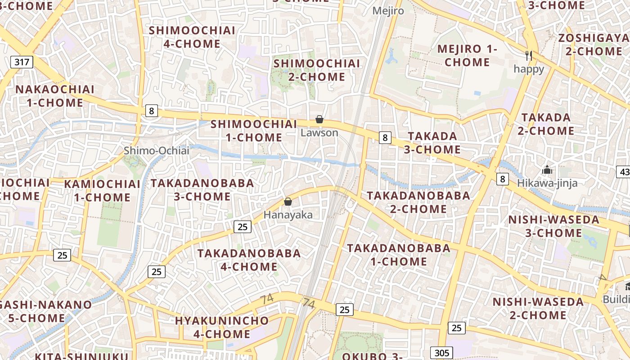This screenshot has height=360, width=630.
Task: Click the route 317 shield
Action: coord(22,62)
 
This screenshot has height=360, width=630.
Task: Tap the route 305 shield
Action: coord(441,353)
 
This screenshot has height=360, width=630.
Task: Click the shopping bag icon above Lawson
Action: coord(319,119)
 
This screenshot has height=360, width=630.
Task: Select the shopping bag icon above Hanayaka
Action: coord(288,202)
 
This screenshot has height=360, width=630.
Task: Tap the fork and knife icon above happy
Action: coord(529,56)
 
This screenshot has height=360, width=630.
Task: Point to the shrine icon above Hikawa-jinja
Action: coord(547,170)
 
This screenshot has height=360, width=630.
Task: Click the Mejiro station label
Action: coord(388,11)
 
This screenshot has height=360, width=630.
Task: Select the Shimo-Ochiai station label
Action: coord(157,151)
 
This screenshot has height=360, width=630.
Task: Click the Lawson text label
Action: coord(319,133)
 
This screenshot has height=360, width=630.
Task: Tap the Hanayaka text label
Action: coord(288,215)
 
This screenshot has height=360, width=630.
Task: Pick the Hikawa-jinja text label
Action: coord(547,183)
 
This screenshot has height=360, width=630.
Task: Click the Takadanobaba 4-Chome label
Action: coord(249,260)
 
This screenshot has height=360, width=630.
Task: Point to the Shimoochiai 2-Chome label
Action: coord(317,70)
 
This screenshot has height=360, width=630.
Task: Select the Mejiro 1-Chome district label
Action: coord(467,55)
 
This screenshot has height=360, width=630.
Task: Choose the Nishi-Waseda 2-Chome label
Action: coord(538,308)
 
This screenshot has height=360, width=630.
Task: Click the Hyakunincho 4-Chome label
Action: coord(222,327)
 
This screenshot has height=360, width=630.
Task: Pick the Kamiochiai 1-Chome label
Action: coord(102,190)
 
